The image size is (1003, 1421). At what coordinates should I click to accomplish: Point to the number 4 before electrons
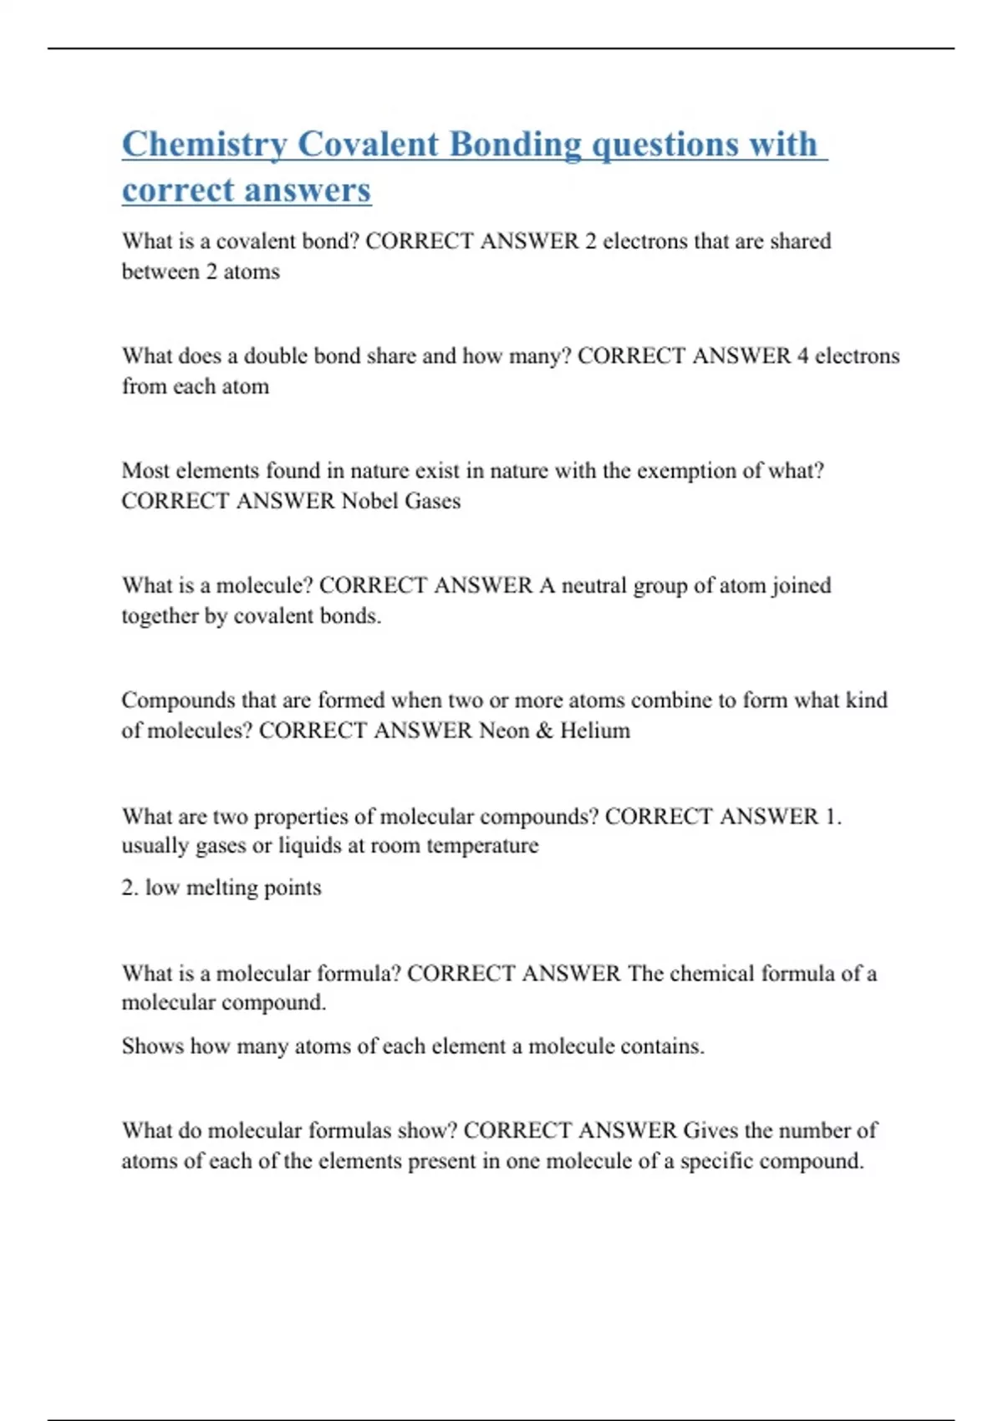[x=802, y=356]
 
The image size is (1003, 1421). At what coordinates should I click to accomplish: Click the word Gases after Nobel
[x=432, y=502]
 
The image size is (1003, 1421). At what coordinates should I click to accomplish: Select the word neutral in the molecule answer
[x=593, y=585]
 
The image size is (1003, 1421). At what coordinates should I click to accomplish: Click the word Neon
[x=504, y=731]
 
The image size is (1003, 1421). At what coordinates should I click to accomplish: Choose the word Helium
[x=595, y=731]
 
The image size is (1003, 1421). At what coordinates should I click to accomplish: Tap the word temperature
[x=482, y=846]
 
